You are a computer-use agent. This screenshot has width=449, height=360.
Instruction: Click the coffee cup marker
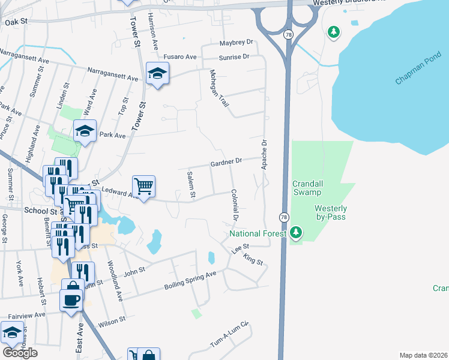tap(71, 299)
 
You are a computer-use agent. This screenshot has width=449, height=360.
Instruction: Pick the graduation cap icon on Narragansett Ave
tap(157, 74)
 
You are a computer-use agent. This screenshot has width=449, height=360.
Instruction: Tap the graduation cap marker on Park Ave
tap(85, 131)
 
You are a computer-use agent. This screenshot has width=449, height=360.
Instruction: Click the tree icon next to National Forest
tap(295, 232)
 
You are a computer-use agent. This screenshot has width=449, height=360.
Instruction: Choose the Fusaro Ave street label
tap(180, 57)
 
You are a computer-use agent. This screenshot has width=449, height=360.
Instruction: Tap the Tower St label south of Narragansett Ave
tap(143, 116)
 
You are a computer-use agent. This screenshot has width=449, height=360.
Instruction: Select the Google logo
tap(20, 353)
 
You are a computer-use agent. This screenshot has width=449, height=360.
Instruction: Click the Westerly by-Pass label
tap(331, 213)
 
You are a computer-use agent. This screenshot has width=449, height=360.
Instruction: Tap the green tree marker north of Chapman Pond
tap(334, 31)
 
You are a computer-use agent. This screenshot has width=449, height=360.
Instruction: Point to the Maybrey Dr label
tap(237, 43)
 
